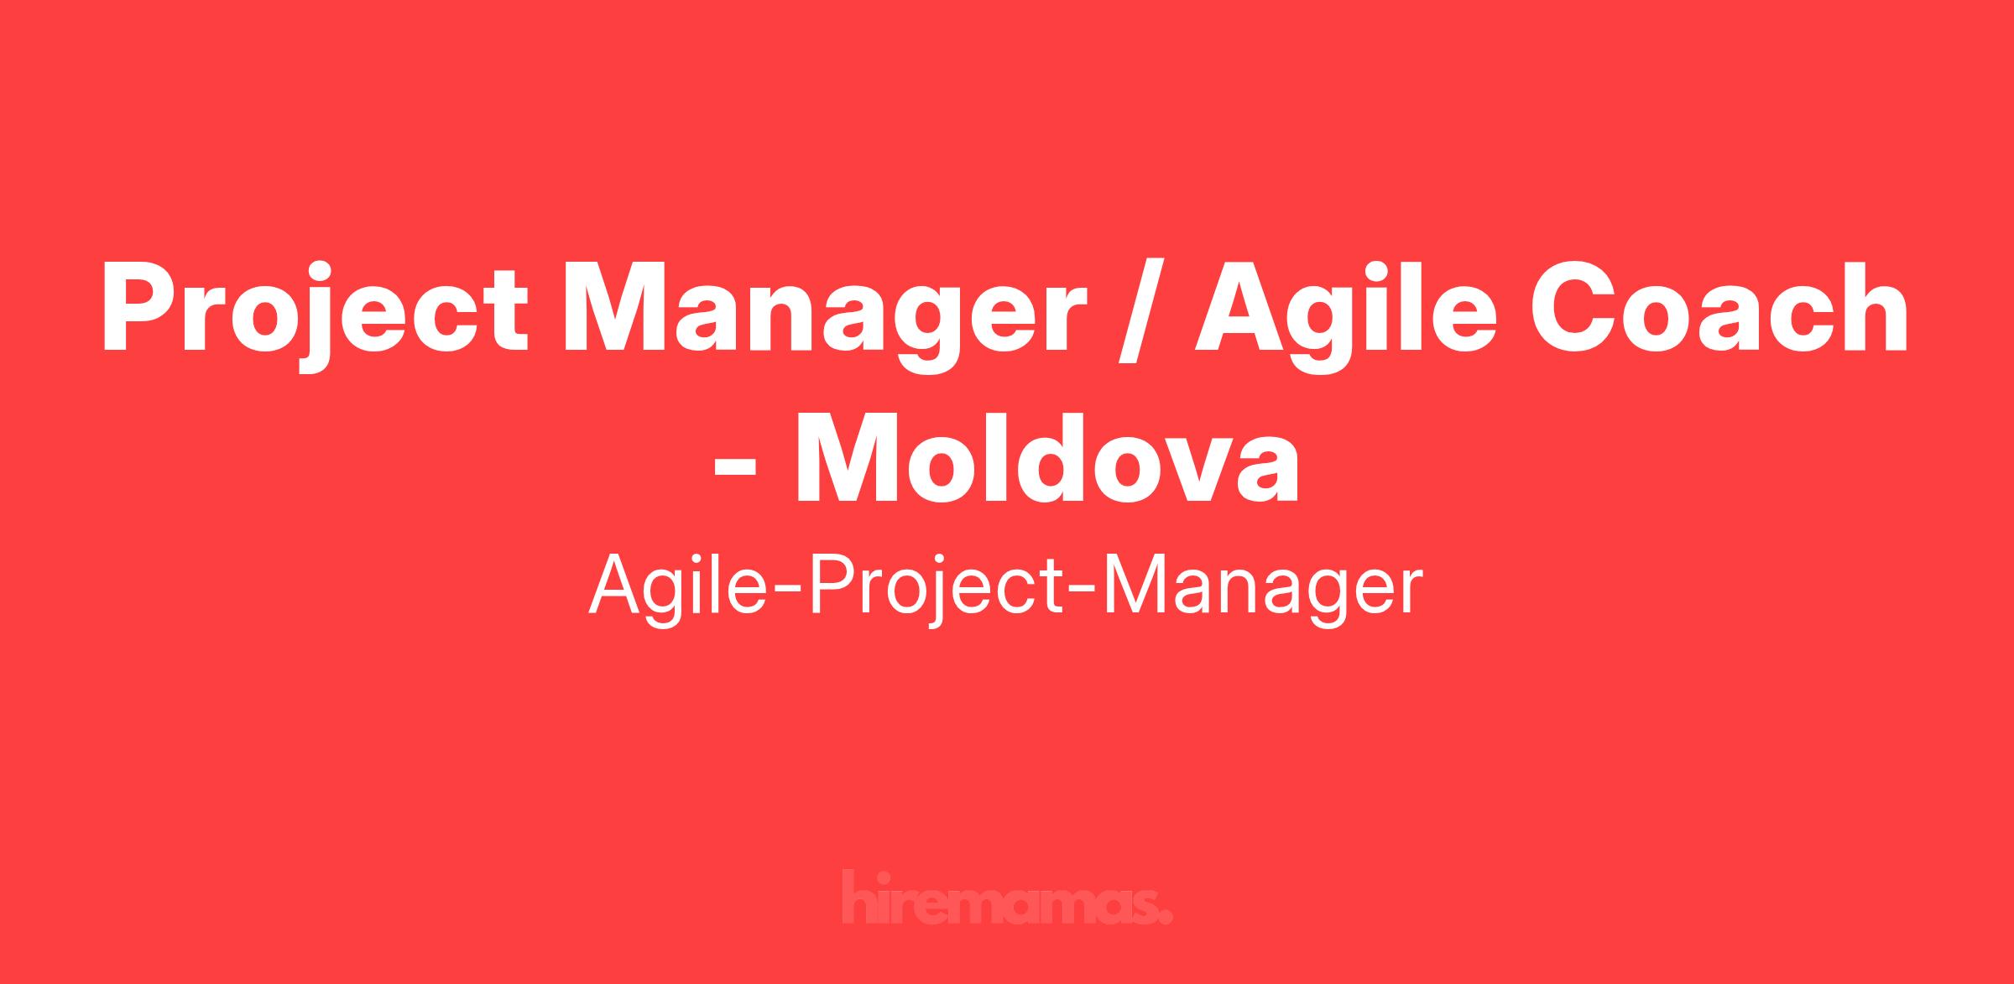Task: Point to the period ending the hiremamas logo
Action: (1166, 918)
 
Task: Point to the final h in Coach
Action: (1875, 308)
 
